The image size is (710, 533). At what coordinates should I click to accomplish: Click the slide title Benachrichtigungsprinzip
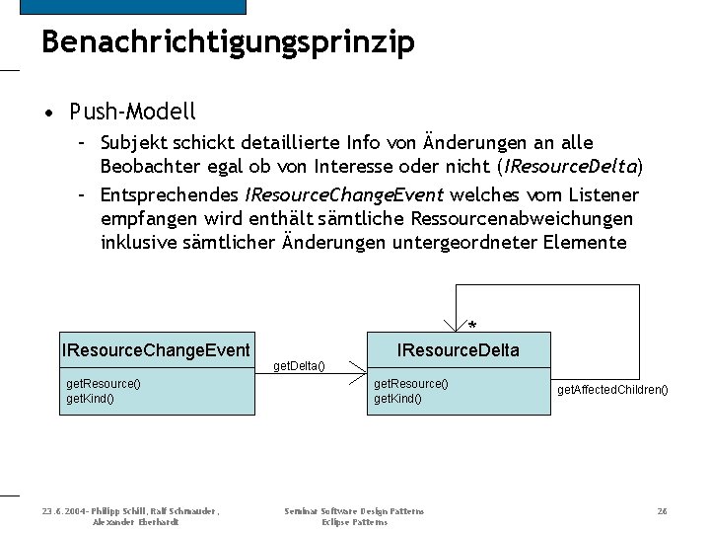tap(228, 42)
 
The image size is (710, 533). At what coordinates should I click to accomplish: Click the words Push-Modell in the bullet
tap(133, 111)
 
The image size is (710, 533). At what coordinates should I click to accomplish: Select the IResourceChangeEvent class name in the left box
tap(156, 349)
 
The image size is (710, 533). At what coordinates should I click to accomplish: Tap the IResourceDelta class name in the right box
tap(458, 349)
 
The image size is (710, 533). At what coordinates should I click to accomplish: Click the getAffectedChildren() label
tap(612, 390)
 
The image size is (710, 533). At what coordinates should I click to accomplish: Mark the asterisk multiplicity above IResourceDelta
tap(472, 326)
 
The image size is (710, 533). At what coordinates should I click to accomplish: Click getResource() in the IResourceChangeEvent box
tap(104, 383)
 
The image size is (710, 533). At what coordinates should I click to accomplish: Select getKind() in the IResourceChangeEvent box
tap(90, 398)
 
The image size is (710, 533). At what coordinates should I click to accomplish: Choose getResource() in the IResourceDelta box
tap(410, 383)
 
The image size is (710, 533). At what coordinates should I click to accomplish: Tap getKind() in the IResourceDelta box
tap(397, 398)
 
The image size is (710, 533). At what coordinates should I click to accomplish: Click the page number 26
tap(663, 511)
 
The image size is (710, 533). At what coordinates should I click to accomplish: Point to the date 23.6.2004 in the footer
tap(62, 511)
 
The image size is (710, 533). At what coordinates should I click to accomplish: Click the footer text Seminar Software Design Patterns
tap(354, 511)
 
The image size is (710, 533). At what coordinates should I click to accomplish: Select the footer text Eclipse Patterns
tap(354, 521)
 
